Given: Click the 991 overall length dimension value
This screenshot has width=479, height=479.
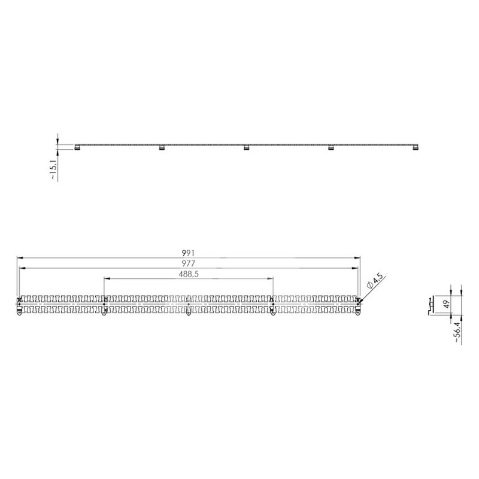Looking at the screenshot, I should [189, 253].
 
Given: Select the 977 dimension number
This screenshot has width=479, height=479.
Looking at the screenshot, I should [189, 263].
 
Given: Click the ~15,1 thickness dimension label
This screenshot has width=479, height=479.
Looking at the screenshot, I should [53, 169].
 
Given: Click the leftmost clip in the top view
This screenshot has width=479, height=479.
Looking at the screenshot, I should [77, 148].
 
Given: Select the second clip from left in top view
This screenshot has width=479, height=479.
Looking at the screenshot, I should [161, 148].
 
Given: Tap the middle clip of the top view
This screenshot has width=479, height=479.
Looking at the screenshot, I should [245, 148].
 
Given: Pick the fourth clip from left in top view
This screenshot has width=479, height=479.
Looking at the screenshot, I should [330, 148].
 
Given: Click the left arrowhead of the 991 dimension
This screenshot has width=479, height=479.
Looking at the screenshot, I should [18, 258].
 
